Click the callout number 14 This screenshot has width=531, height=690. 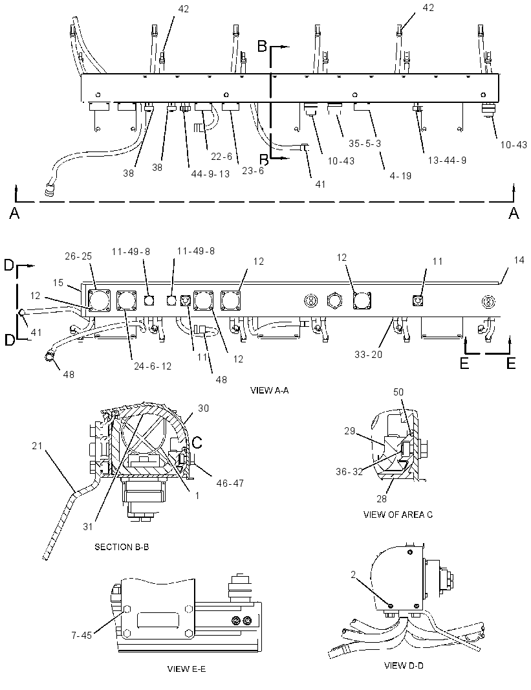(519, 260)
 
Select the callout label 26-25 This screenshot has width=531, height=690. (78, 256)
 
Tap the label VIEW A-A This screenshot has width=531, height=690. (269, 390)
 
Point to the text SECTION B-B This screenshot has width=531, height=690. (122, 547)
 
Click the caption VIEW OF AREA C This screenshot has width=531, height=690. (398, 515)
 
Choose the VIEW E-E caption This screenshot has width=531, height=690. (186, 669)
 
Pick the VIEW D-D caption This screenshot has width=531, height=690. (404, 666)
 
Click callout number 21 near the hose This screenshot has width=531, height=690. (38, 446)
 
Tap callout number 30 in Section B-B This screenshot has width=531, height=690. (203, 408)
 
